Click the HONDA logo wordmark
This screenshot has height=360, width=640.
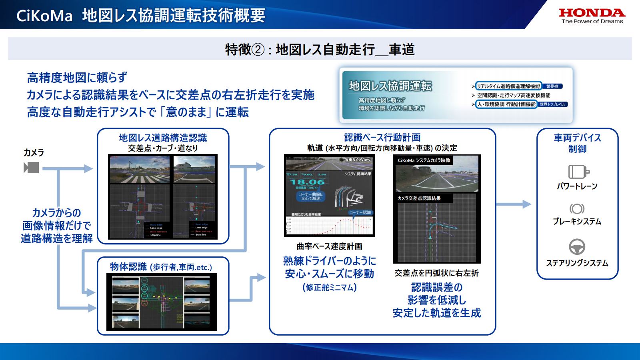(x=592, y=13)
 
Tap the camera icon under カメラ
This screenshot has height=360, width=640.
(x=31, y=168)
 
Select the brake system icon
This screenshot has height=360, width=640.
(x=577, y=209)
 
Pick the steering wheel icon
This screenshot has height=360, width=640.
(x=577, y=247)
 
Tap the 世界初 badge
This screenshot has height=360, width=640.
(x=552, y=86)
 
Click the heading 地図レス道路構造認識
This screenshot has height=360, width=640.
(x=163, y=138)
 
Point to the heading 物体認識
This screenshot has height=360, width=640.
(x=128, y=267)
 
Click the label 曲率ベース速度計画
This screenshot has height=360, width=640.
(x=330, y=246)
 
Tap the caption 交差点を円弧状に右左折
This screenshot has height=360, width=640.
(x=436, y=273)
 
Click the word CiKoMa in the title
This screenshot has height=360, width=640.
(x=44, y=16)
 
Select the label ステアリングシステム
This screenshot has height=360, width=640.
(x=577, y=263)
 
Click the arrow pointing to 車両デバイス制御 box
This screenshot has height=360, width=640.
(x=516, y=204)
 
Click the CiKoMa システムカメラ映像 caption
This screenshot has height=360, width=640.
(x=424, y=160)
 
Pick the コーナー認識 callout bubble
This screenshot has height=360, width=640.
(x=360, y=212)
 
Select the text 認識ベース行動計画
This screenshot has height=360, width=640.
(x=382, y=138)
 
